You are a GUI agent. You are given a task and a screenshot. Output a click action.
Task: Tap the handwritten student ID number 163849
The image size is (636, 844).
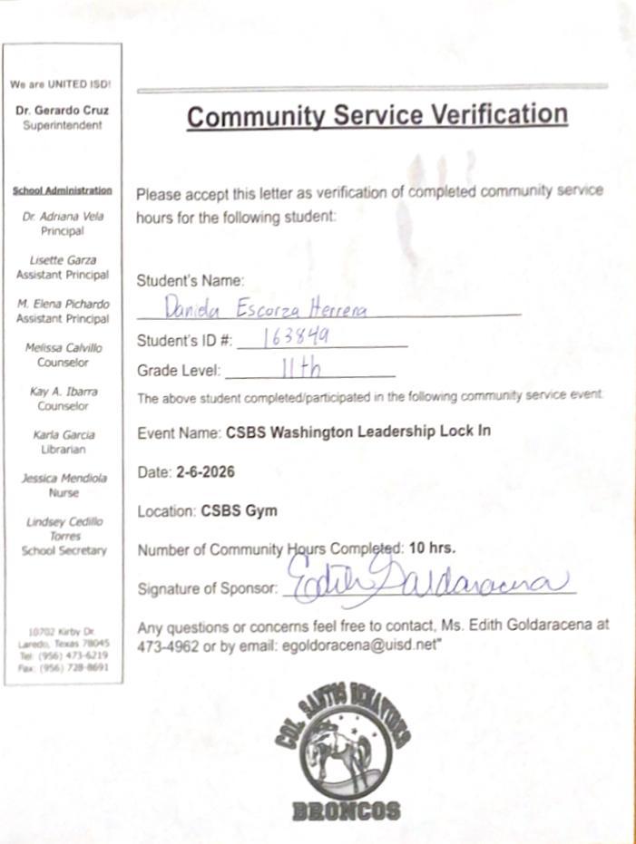[296, 337]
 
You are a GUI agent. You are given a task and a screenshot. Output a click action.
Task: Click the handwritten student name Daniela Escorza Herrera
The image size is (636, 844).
[266, 308]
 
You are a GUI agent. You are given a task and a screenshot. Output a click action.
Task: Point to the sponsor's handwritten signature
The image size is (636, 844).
[426, 581]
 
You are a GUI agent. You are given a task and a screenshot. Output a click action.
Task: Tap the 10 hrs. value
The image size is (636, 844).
[432, 548]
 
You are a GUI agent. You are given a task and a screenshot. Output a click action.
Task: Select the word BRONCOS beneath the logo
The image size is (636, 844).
[346, 810]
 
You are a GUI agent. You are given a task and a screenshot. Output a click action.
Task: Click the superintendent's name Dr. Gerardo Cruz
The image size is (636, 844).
[63, 111]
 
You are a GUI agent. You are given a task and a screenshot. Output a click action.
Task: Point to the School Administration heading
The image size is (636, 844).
[63, 190]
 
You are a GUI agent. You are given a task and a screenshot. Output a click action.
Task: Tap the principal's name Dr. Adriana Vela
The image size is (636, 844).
[63, 217]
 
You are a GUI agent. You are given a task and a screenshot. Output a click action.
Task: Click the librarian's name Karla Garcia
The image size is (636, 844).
[63, 435]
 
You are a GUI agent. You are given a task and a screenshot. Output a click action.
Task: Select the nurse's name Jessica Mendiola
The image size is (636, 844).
[63, 479]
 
